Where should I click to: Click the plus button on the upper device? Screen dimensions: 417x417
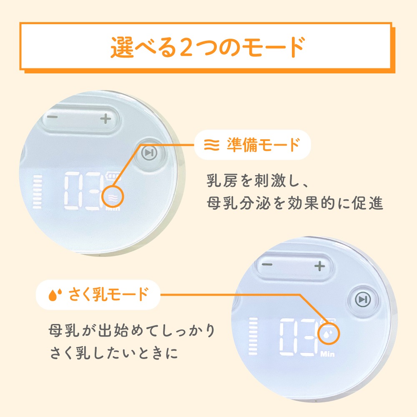(x=106, y=118)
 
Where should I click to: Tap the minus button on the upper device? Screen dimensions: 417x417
(x=53, y=117)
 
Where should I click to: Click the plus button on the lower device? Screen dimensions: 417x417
(x=320, y=266)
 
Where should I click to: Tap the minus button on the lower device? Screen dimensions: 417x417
(x=267, y=264)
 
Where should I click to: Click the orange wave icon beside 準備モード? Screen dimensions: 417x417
(x=212, y=145)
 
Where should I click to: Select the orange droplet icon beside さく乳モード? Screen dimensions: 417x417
(x=55, y=295)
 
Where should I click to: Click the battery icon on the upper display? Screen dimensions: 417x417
(x=113, y=176)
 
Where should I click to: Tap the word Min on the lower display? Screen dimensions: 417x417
(x=327, y=354)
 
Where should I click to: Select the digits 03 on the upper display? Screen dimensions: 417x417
(x=83, y=191)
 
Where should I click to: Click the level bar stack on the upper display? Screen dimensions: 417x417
(x=37, y=191)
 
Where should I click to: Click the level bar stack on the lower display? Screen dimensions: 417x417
(x=253, y=336)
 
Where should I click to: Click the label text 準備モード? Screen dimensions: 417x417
(x=263, y=145)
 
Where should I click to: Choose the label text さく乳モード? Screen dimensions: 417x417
(x=108, y=294)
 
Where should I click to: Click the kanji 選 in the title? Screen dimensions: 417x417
(x=121, y=48)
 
